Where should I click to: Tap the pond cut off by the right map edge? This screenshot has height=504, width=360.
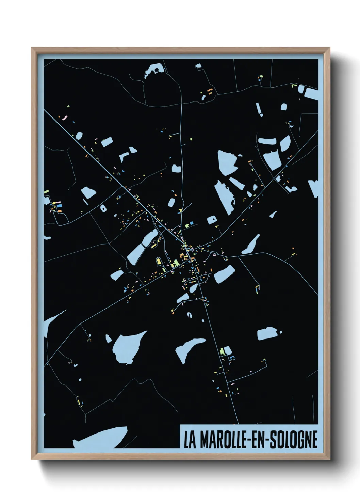coord(314,188)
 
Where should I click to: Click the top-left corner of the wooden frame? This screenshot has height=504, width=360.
coord(32,49)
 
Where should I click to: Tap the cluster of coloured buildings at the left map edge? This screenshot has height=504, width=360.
coord(54,206)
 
